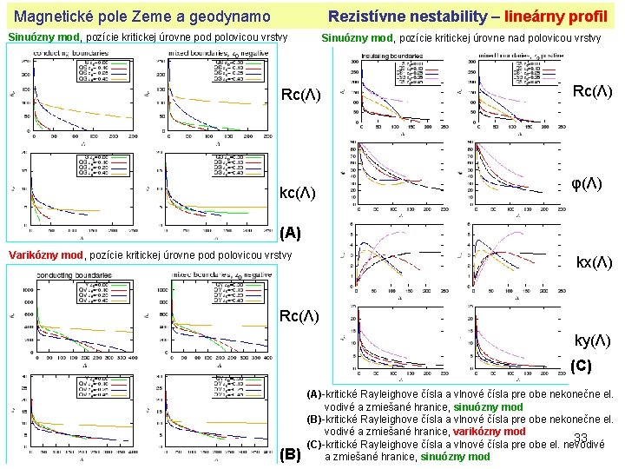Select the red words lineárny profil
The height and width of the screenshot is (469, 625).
pyautogui.click(x=556, y=17)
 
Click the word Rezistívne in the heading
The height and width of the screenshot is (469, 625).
pyautogui.click(x=365, y=17)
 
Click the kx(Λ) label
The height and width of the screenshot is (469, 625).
pyautogui.click(x=595, y=262)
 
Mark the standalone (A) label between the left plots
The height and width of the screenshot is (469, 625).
pyautogui.click(x=292, y=233)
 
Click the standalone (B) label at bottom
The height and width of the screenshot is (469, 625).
pyautogui.click(x=292, y=453)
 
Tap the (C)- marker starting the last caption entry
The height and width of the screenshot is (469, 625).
pyautogui.click(x=315, y=444)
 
